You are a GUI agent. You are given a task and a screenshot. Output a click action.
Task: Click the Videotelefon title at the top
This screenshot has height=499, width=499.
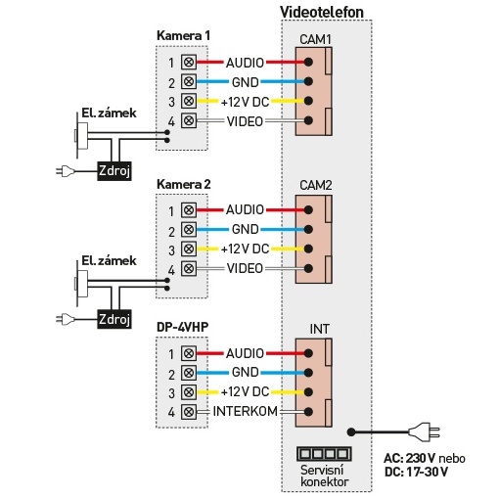click(x=322, y=12)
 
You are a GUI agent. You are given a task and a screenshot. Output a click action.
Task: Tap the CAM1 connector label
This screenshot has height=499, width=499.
click(x=315, y=39)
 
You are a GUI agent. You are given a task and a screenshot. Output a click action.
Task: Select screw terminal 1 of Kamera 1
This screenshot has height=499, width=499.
click(x=189, y=62)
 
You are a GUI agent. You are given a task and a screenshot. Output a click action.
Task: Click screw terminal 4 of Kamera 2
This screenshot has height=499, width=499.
click(x=189, y=269)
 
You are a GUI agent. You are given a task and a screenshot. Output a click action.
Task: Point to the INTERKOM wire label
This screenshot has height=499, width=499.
click(x=245, y=411)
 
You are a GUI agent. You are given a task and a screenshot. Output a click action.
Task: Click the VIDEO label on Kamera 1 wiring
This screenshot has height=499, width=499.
click(x=245, y=121)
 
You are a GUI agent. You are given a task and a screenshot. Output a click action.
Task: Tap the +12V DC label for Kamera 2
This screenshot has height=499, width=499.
click(x=245, y=249)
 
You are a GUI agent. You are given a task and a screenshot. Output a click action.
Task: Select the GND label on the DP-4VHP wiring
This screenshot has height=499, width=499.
click(x=246, y=372)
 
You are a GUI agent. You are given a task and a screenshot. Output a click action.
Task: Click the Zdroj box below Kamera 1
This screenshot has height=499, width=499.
click(x=114, y=170)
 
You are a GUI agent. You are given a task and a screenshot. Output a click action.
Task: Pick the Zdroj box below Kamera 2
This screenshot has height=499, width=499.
click(x=114, y=319)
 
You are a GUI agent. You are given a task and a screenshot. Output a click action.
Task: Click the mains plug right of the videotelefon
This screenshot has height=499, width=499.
click(x=424, y=432)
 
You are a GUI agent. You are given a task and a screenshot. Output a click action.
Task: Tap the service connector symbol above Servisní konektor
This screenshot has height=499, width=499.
click(x=324, y=454)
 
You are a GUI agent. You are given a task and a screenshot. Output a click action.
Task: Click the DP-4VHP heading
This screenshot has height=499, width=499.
click(x=182, y=327)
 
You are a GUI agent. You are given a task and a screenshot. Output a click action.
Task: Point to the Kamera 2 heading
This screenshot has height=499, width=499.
click(x=183, y=184)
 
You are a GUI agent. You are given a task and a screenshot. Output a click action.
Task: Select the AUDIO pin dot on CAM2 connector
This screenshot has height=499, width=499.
click(x=308, y=209)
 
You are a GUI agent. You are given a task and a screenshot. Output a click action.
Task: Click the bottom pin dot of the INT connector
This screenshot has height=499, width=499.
click(x=308, y=412)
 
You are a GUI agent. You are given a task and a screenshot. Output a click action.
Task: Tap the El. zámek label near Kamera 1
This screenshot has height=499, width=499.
click(x=109, y=113)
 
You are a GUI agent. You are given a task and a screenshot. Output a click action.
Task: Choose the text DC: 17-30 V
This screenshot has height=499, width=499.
click(x=416, y=472)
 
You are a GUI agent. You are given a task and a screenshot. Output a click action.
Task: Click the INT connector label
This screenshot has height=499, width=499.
click(x=319, y=329)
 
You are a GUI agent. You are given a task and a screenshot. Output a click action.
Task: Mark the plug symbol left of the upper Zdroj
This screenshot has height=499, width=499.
click(x=66, y=170)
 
